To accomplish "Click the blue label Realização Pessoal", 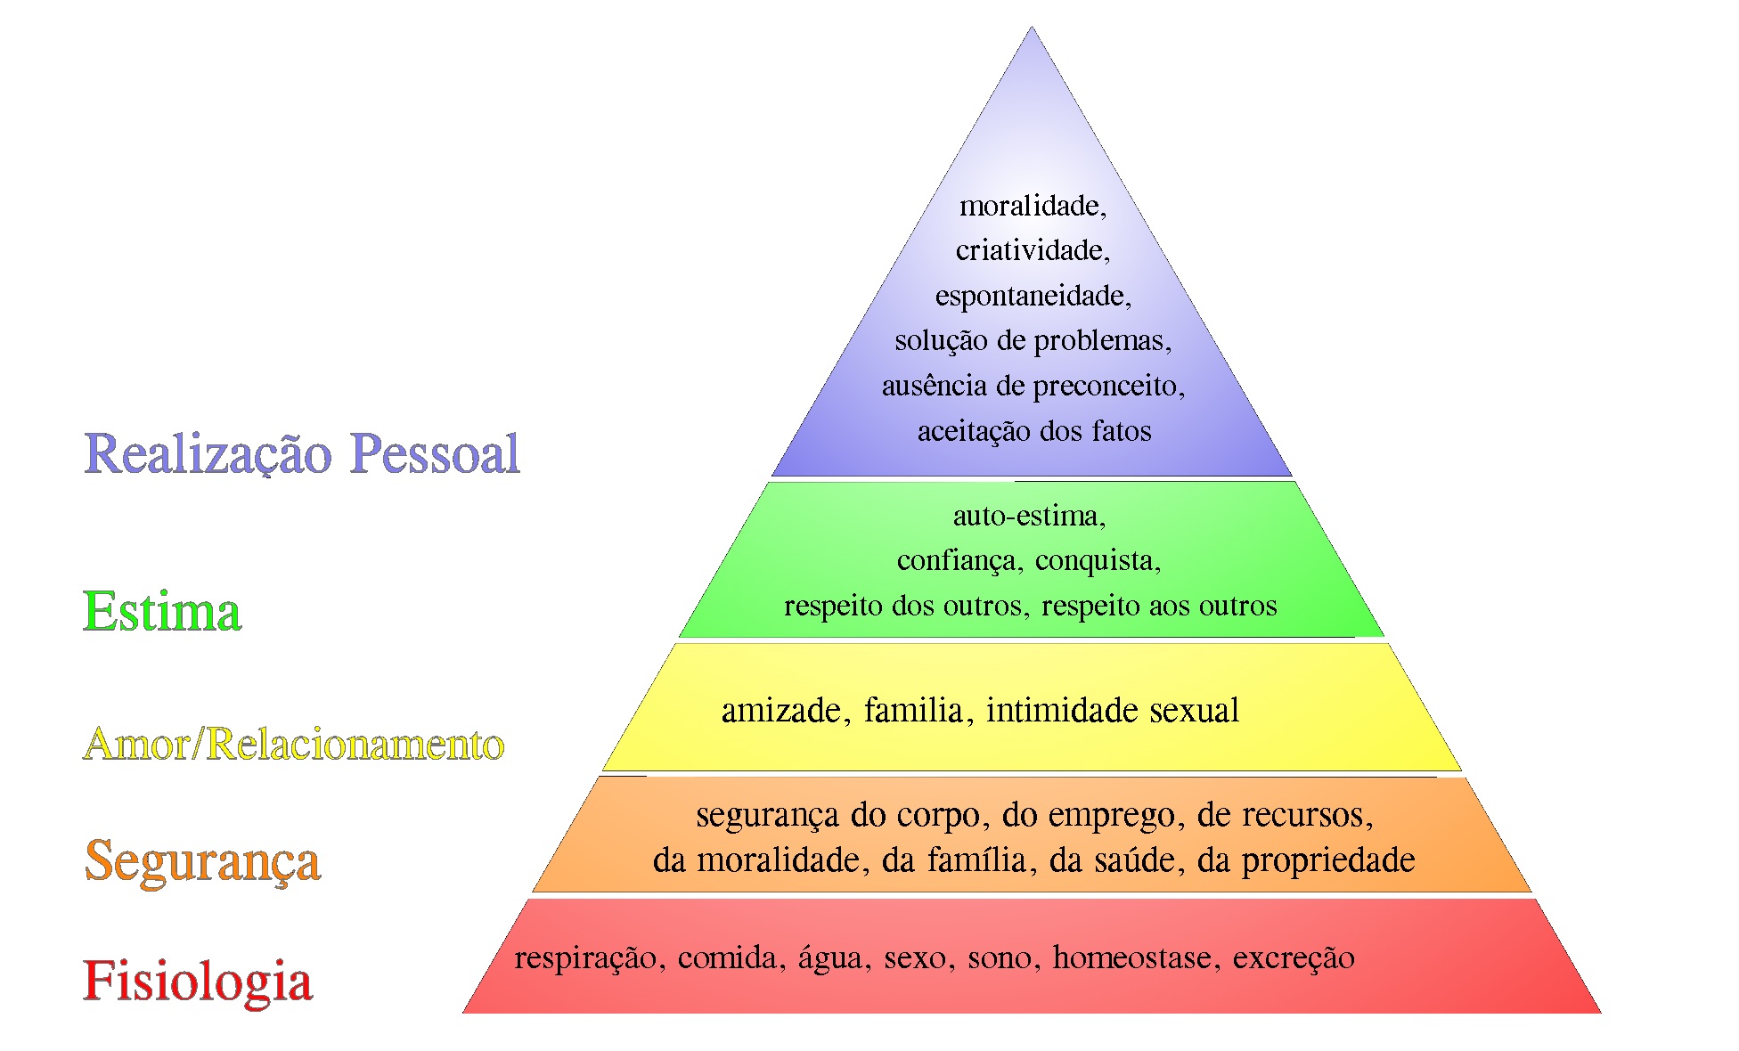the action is [x=302, y=453].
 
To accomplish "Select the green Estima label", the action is [x=162, y=612].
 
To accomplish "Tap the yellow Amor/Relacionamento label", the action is [x=294, y=745].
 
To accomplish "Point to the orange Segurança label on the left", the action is [x=202, y=861].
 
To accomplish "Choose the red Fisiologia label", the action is [x=198, y=981].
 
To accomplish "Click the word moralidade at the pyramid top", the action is [x=1032, y=207].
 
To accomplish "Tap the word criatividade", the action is [x=1032, y=251].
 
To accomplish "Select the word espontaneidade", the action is [x=1032, y=297].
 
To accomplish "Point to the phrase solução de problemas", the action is [x=1032, y=341].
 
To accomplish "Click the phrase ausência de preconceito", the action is [x=1032, y=387].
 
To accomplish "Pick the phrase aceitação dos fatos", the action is [x=1034, y=432].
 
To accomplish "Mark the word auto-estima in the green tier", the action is [x=1028, y=516].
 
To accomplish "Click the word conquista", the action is [x=1096, y=561].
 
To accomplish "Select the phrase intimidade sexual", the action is [x=1112, y=711].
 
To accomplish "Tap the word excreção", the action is [x=1294, y=958].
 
